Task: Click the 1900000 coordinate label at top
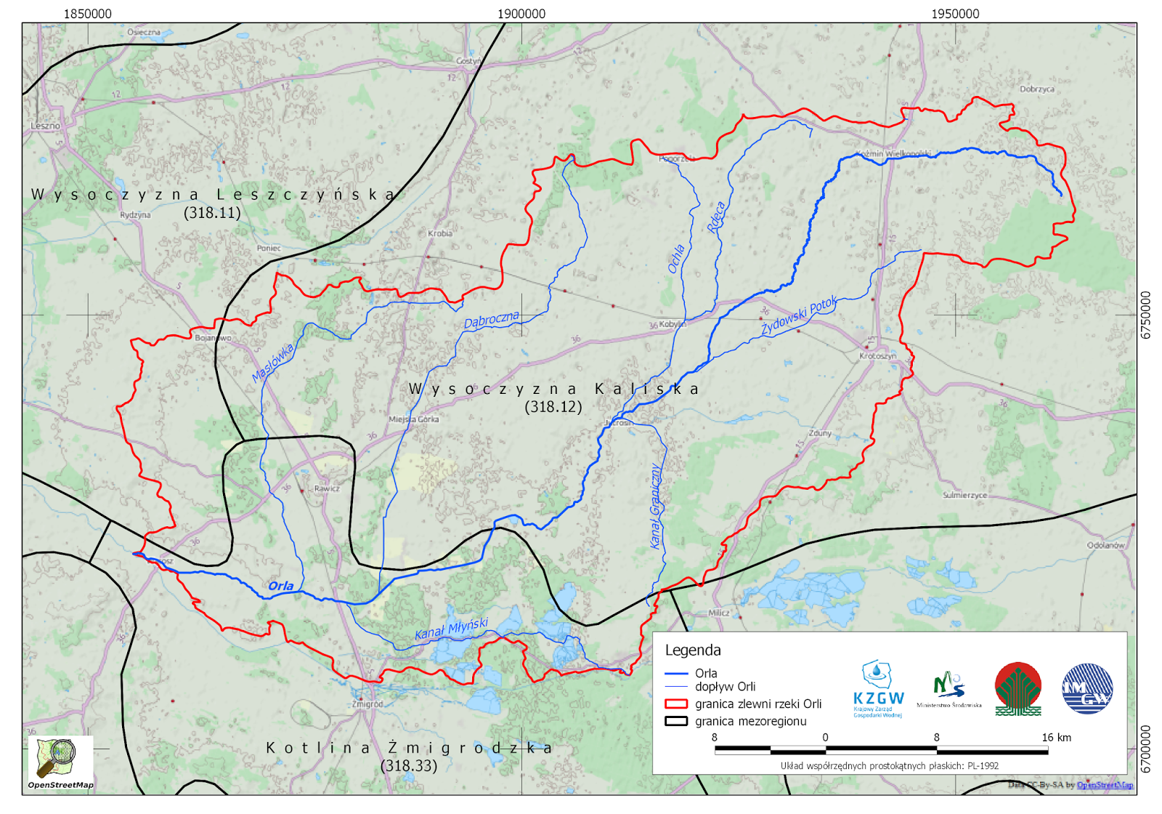click(521, 14)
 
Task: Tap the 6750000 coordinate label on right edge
click(1145, 315)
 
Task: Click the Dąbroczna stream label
click(492, 320)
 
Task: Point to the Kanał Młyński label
click(451, 629)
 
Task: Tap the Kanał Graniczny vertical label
click(655, 506)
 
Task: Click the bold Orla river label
click(281, 586)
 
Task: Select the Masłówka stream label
click(273, 363)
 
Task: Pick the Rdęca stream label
click(716, 217)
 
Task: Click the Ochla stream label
click(676, 259)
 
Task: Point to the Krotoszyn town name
click(877, 356)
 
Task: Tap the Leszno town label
click(45, 126)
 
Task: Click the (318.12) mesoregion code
click(553, 407)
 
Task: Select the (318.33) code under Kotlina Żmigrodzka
click(409, 765)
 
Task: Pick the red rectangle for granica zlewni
click(676, 704)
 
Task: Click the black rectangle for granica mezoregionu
click(676, 721)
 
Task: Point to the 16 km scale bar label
click(1056, 737)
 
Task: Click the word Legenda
click(693, 650)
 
